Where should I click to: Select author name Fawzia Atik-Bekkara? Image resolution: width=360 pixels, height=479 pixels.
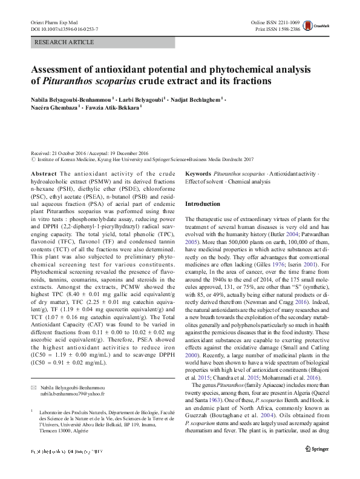[114, 107]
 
